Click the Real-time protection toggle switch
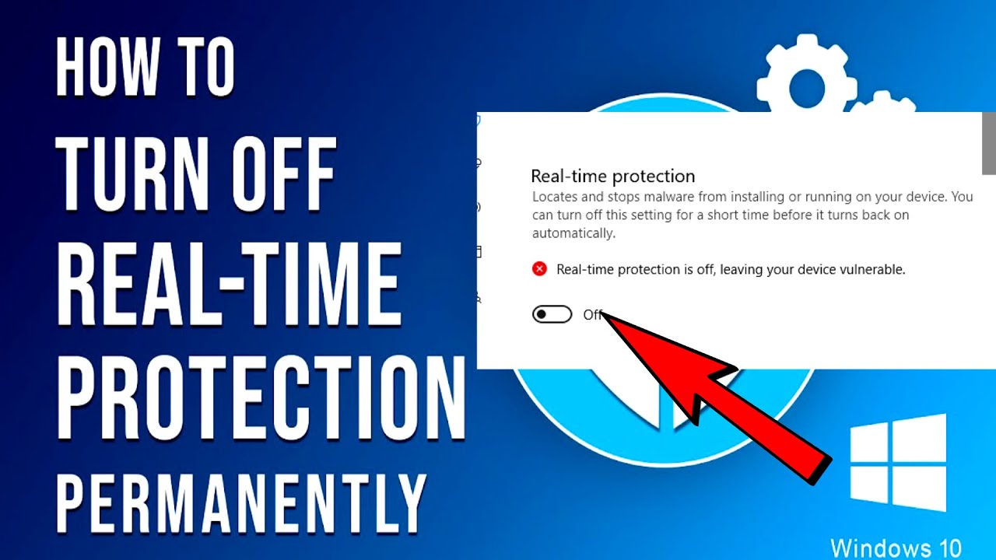pos(552,314)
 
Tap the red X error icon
pos(539,269)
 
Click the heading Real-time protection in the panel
pos(612,177)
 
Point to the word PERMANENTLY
pos(240,502)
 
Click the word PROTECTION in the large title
pos(261,397)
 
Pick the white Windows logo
pos(898,463)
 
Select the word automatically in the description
pos(573,233)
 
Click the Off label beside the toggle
pos(593,315)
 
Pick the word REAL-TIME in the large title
pos(229,285)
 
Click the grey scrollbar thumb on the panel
pos(989,143)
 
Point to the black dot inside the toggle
pos(541,314)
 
